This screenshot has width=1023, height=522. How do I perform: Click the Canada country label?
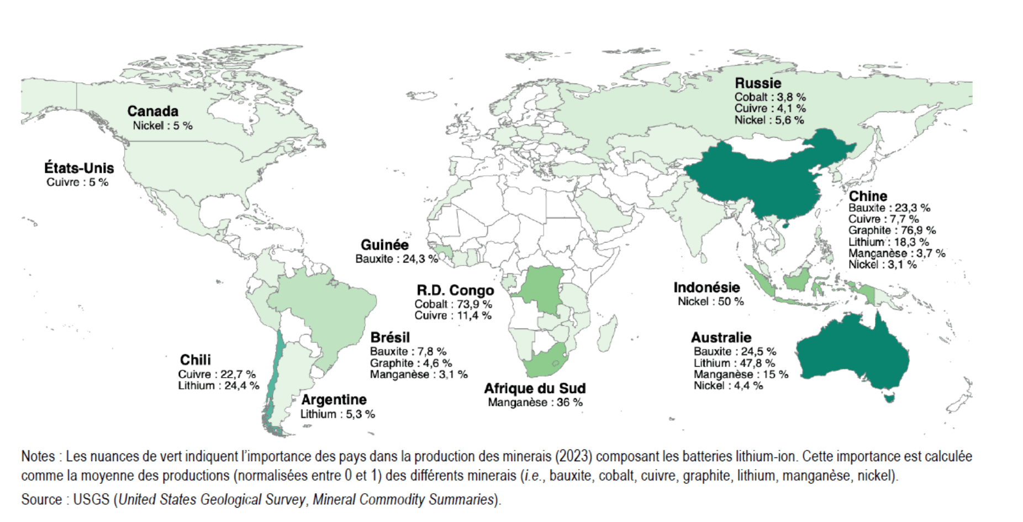pos(152,111)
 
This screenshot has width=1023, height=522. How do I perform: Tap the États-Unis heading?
pos(79,168)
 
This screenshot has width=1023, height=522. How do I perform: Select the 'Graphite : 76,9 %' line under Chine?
pos(892,231)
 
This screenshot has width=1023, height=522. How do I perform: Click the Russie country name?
pos(757,83)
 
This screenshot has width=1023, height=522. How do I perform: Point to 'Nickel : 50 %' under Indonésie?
pos(710,302)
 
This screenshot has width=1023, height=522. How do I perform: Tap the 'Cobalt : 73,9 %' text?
pos(453,304)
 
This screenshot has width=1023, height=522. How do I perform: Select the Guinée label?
pos(384,245)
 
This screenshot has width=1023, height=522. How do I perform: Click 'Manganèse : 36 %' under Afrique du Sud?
pos(535,403)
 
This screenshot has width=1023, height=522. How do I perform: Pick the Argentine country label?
pos(334,400)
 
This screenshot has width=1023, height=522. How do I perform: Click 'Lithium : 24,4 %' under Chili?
pos(218,386)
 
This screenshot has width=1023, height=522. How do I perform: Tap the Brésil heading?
pos(390,337)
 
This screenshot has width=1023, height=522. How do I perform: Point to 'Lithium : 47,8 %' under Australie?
pos(734,363)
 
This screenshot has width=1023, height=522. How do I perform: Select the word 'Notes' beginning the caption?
pos(38,457)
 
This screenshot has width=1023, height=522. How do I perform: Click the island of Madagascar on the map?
pos(608,329)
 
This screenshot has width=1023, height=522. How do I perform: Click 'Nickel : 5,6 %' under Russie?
pos(768,120)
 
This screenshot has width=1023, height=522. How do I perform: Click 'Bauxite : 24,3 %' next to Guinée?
pos(396,259)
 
